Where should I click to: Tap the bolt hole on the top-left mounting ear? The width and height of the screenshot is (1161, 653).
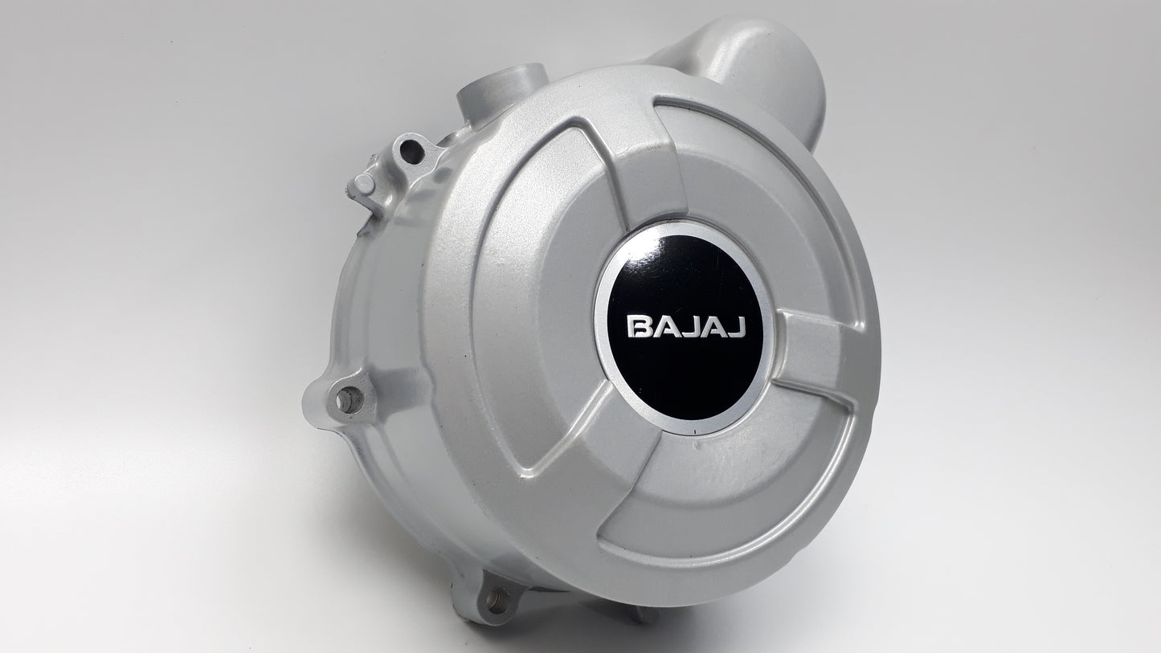click(x=411, y=149)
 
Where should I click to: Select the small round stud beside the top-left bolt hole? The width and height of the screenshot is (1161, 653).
click(x=364, y=184)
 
